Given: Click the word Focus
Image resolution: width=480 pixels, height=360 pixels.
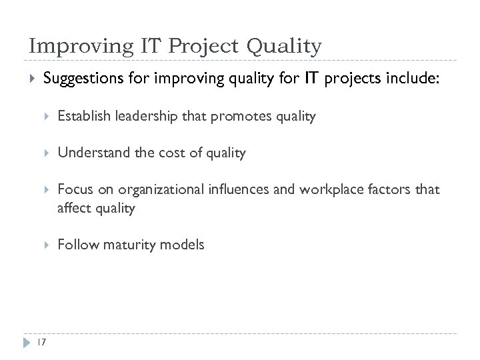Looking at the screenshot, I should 73,190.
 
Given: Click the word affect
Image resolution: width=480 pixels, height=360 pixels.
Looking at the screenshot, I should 73,207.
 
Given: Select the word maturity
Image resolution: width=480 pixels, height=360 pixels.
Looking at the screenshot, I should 125,245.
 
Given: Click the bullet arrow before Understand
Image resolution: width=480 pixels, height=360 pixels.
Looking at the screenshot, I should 47,153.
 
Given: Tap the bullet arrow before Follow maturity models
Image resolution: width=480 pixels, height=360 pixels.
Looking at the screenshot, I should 47,245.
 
